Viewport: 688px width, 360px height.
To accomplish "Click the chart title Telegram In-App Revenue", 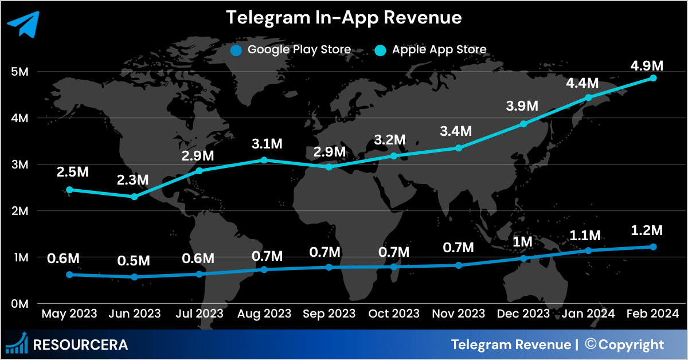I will [x=343, y=18].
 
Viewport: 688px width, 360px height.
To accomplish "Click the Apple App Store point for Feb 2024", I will [x=653, y=78].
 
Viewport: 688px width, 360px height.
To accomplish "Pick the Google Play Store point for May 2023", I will [x=69, y=275].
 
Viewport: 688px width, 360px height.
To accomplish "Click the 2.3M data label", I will [x=134, y=179].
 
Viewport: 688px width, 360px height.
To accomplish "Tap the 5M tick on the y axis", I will [x=20, y=72].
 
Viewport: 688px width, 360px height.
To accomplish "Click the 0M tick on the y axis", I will [x=20, y=304].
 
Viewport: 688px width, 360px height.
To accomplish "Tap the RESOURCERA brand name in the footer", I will [x=80, y=345].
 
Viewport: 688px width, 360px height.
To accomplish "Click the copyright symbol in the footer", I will [x=591, y=345].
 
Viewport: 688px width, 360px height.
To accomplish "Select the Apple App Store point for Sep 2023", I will [x=329, y=167].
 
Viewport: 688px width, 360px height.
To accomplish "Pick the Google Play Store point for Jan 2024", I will [x=588, y=251].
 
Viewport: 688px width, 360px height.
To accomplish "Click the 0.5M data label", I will [x=134, y=260].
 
